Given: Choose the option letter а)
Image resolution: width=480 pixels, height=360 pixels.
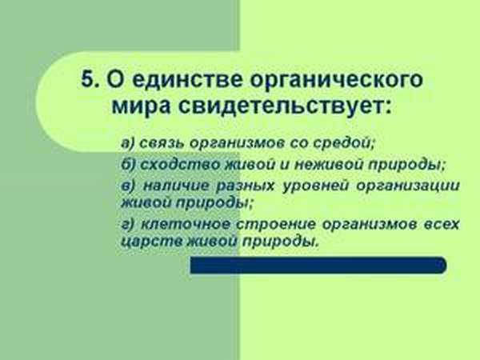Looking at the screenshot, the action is coord(127,143).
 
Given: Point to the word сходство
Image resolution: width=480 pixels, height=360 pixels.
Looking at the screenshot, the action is coord(181,164).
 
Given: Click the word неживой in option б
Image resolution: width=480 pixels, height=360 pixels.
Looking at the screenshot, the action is coord(328,164).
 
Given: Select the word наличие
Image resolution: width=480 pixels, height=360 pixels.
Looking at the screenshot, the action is coord(176,186).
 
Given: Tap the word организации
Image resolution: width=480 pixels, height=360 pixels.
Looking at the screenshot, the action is coord(408,186).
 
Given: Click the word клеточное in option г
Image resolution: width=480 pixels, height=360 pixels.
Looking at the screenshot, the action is coord(185,225).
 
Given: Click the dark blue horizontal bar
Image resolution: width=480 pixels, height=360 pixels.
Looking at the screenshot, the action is coord(318,265).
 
